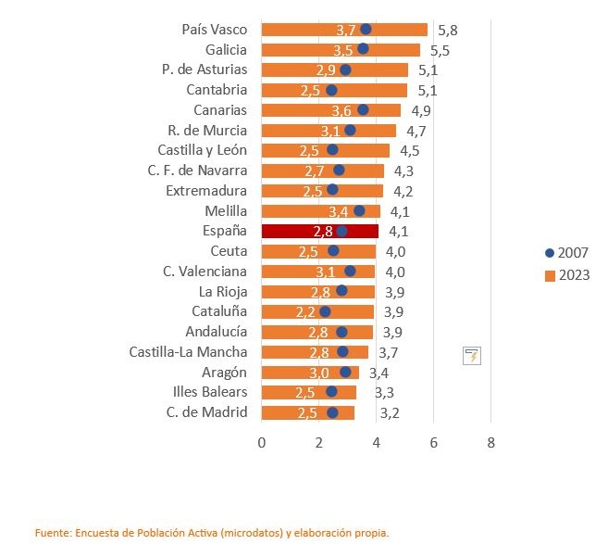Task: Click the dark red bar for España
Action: [320, 231]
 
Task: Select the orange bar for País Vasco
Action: [344, 30]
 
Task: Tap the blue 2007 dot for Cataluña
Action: [325, 311]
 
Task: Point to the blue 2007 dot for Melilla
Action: [359, 211]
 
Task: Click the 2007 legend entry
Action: [566, 253]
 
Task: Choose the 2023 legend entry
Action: [567, 275]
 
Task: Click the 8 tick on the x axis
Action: [490, 443]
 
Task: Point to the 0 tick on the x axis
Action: [262, 443]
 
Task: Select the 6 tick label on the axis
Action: [433, 443]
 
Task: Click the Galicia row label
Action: [226, 50]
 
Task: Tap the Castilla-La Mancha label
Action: [188, 352]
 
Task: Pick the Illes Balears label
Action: [210, 392]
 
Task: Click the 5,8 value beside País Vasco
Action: [448, 31]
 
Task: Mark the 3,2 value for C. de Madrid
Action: [390, 412]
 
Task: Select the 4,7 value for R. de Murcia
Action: [416, 132]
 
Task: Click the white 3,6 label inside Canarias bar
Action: [341, 111]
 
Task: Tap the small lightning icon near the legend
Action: [472, 356]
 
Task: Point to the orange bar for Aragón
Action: [310, 373]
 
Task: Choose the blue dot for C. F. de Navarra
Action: [339, 170]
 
